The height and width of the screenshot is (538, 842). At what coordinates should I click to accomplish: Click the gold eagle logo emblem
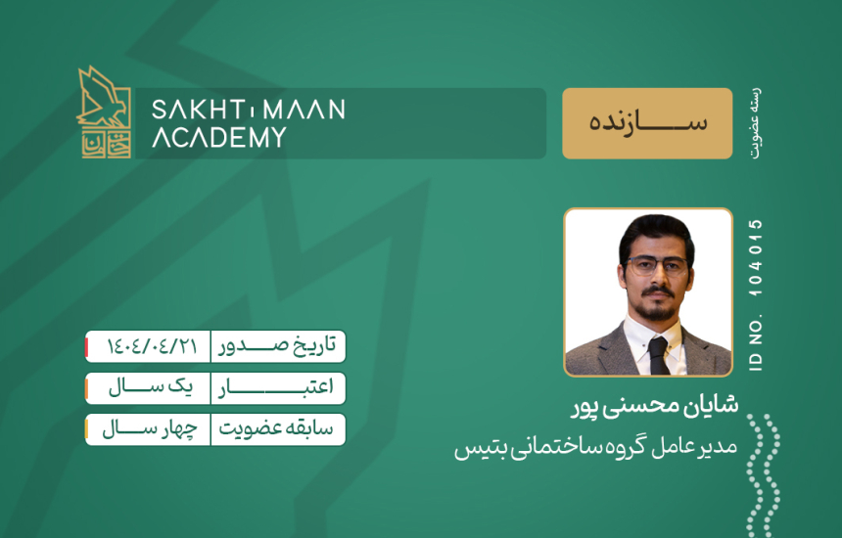[x=104, y=112]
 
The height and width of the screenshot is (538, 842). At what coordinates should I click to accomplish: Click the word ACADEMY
[x=219, y=137]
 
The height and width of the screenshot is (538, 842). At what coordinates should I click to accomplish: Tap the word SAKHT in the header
[x=196, y=110]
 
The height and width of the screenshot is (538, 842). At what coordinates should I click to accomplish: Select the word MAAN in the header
[x=304, y=110]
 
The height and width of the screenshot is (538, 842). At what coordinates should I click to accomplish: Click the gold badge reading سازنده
[x=647, y=123]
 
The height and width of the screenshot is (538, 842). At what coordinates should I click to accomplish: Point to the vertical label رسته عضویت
[x=756, y=123]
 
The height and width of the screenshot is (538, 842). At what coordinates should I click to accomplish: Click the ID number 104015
[x=756, y=257]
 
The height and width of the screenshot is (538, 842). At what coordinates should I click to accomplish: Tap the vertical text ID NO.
[x=756, y=346]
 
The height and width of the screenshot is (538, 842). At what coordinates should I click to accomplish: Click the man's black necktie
[x=658, y=355]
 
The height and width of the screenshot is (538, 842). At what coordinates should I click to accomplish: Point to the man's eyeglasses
[x=656, y=264]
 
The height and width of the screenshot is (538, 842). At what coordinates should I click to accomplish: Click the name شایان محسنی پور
[x=655, y=406]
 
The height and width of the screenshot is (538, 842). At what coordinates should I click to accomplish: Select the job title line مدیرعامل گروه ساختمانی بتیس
[x=595, y=447]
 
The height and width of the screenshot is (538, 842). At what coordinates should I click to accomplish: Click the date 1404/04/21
[x=152, y=346]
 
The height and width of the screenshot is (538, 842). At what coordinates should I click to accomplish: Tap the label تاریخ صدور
[x=277, y=345]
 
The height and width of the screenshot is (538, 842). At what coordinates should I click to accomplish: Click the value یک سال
[x=151, y=387]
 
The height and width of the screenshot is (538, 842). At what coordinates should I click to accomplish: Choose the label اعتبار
[x=276, y=387]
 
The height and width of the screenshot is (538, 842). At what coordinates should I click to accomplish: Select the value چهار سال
[x=150, y=429]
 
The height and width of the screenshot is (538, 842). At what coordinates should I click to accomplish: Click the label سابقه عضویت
[x=276, y=428]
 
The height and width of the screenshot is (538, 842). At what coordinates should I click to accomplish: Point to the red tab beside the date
[x=86, y=346]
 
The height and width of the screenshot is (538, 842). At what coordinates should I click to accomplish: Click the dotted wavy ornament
[x=763, y=474]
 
